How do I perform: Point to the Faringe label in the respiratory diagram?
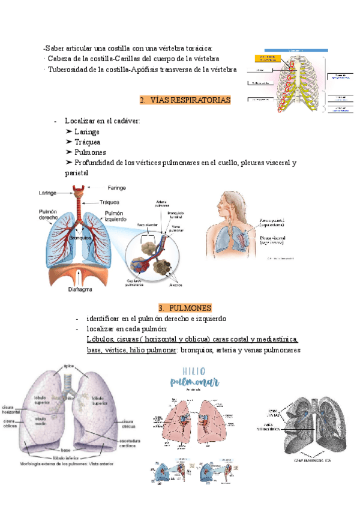click(x=116, y=187)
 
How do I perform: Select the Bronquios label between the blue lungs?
click(x=79, y=237)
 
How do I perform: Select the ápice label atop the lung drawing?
click(x=69, y=365)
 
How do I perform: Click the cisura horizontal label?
click(x=11, y=409)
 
